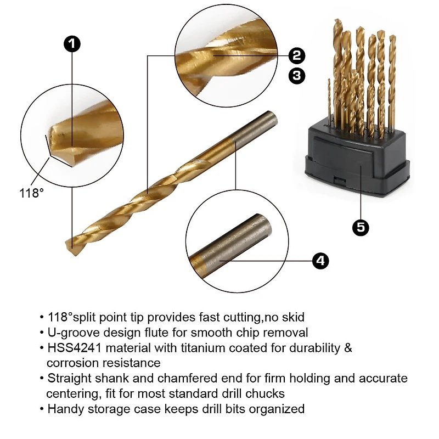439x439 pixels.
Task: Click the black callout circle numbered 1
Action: (x=72, y=44)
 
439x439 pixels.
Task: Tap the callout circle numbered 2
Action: (x=297, y=55)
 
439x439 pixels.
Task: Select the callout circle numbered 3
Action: (x=297, y=76)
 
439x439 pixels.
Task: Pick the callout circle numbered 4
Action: (x=320, y=261)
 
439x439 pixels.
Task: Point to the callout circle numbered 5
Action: (x=361, y=227)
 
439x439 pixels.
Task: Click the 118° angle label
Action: (x=31, y=193)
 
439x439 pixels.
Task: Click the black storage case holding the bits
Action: (x=357, y=160)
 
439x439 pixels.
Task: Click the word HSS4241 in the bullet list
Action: (x=74, y=348)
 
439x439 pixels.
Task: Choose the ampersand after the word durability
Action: (x=348, y=348)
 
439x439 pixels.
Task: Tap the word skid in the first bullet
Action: (x=293, y=317)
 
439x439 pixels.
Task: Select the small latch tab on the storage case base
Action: (x=340, y=181)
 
